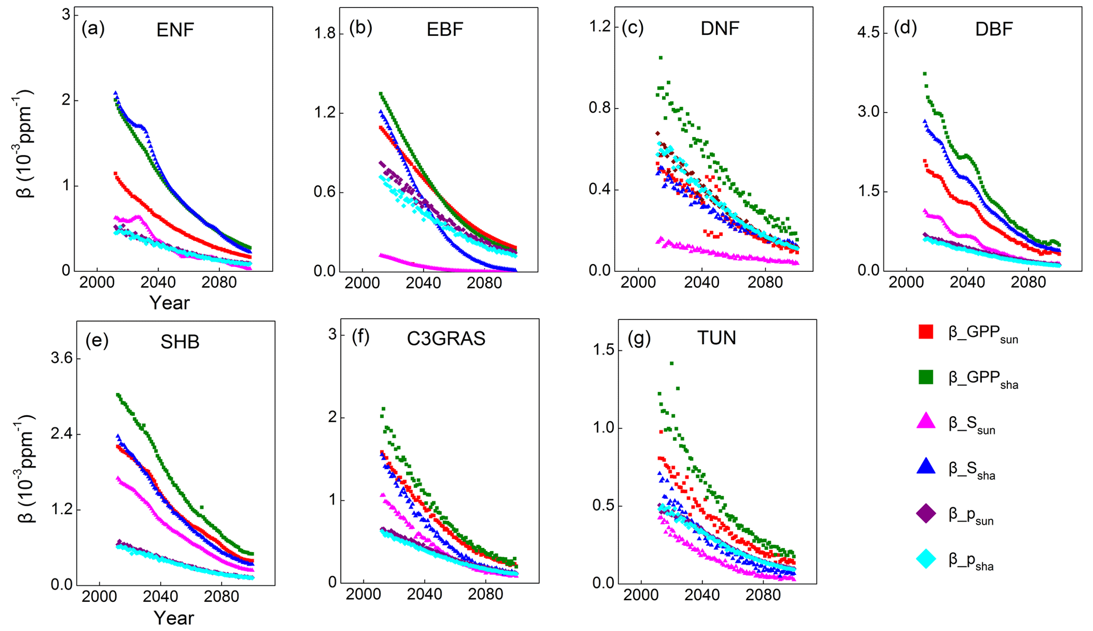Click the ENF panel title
coord(175,30)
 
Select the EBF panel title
coord(445,30)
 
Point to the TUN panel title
coord(717,337)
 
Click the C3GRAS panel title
coord(446,339)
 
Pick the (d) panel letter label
coord(905,28)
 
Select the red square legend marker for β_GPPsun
coord(926,332)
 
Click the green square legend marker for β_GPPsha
coord(926,377)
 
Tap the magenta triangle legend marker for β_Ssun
coord(926,422)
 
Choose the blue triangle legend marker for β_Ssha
coord(926,467)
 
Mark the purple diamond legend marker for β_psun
coord(926,513)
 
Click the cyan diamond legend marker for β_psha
coord(926,559)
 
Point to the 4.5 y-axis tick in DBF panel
coord(868,33)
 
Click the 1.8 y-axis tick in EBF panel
coord(325,34)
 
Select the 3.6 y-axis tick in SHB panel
coord(61,359)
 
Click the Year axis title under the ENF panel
coord(169,303)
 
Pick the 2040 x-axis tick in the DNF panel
coord(702,282)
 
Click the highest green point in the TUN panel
coord(672,363)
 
